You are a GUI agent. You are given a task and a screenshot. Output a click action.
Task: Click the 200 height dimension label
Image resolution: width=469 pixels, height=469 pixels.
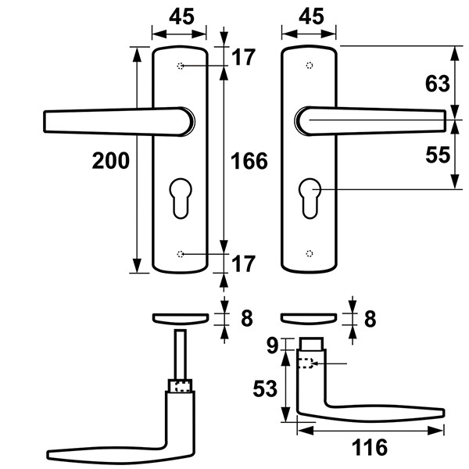(111, 161)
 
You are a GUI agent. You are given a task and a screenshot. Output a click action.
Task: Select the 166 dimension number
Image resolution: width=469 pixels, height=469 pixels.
(249, 161)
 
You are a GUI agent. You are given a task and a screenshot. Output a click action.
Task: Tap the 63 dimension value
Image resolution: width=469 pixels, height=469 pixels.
(437, 84)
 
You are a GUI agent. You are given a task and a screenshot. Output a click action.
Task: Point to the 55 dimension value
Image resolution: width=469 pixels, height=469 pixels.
(438, 155)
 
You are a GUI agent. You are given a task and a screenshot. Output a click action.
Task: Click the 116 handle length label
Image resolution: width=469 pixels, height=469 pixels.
(370, 447)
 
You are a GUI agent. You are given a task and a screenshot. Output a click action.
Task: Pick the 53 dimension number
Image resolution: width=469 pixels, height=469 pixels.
(265, 388)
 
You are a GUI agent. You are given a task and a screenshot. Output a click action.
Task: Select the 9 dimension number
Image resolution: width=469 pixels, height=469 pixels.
(273, 345)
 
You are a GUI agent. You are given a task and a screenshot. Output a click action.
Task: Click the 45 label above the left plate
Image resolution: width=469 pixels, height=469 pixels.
(181, 16)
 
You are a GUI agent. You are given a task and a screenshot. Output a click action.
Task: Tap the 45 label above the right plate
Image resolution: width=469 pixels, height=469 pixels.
(311, 16)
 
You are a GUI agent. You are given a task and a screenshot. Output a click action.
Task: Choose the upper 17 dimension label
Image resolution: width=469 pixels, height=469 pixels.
(243, 57)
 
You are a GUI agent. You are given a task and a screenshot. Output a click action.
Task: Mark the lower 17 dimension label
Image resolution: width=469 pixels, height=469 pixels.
(243, 264)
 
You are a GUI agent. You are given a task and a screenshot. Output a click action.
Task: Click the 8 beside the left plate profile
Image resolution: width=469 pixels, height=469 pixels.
(247, 318)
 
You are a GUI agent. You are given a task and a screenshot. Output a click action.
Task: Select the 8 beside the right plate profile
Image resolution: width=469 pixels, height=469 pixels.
(370, 319)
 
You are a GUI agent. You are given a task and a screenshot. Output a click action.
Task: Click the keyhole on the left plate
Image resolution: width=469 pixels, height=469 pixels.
(181, 199)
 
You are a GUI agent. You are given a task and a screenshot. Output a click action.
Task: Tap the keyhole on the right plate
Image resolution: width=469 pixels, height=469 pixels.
(310, 199)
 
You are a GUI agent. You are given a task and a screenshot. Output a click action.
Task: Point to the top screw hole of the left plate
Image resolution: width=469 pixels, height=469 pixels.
(181, 66)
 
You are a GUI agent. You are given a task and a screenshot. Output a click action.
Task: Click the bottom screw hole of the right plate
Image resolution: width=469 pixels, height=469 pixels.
(310, 253)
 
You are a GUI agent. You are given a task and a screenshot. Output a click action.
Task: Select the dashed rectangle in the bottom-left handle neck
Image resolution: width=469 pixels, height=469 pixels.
(182, 386)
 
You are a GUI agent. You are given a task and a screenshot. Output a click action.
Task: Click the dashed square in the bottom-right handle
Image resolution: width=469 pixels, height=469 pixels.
(306, 363)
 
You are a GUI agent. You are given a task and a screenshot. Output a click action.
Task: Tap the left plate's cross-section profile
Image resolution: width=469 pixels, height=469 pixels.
(181, 319)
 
